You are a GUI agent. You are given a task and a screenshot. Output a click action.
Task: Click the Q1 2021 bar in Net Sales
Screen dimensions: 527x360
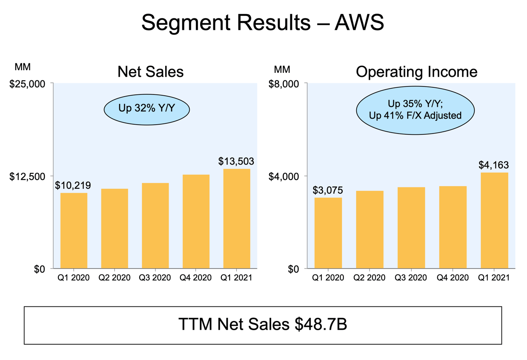(237, 219)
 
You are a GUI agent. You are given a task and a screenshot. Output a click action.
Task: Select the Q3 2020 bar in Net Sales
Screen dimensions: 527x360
(155, 226)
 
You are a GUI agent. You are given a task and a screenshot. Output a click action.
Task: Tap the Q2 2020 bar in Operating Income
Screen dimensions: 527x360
(370, 230)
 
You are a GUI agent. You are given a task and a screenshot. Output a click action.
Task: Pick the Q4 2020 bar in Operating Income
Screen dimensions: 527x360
(453, 227)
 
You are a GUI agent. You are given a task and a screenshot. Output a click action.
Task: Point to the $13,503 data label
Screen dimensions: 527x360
(236, 161)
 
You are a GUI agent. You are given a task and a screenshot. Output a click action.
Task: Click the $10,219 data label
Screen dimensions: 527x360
(73, 186)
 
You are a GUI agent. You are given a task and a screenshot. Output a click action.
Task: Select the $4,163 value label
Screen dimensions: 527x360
(494, 165)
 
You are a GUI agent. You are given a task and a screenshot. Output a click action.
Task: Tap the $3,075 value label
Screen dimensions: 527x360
(328, 190)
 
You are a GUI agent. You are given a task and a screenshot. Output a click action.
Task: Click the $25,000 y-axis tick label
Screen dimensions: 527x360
(27, 84)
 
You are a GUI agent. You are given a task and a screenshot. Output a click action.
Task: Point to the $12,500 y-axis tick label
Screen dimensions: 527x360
(27, 176)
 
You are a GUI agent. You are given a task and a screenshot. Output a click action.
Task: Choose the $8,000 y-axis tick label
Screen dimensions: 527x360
(284, 84)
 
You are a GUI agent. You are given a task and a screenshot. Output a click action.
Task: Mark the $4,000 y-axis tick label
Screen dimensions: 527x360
(284, 176)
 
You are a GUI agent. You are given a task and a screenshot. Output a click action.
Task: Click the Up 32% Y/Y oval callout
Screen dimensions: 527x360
(147, 109)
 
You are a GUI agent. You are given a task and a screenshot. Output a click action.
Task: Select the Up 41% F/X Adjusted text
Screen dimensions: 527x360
(415, 116)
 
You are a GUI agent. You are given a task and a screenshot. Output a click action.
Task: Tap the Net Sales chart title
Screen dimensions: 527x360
(151, 72)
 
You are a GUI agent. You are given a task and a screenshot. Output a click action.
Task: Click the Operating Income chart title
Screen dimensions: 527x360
(417, 72)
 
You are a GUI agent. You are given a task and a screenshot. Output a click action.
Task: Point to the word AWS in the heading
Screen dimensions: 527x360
(359, 22)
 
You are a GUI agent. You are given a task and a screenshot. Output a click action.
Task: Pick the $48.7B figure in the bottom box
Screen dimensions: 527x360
(321, 324)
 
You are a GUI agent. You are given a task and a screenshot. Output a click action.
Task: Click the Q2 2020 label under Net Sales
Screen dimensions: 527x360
(114, 278)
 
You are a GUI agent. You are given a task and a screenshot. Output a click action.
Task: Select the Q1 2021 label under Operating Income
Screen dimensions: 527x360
(494, 278)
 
